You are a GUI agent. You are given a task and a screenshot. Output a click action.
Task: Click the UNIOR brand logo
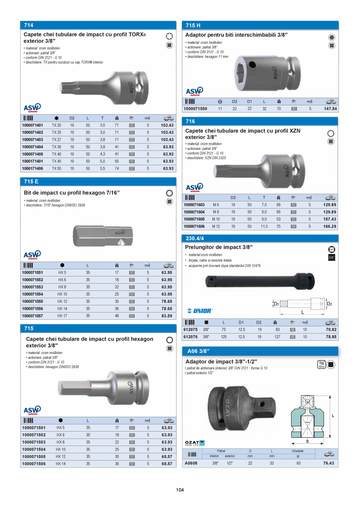point(200,311)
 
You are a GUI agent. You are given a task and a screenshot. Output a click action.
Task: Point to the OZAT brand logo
point(194,443)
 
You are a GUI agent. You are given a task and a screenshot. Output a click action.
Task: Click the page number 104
point(180,489)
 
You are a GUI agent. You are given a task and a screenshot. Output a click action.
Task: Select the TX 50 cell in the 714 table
point(56,168)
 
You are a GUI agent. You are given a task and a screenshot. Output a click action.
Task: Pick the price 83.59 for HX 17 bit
point(167,316)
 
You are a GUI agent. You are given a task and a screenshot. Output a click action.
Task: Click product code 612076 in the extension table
point(190,336)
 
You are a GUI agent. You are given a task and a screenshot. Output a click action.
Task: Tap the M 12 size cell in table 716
point(216,226)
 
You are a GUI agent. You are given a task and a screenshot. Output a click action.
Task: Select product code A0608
point(191,463)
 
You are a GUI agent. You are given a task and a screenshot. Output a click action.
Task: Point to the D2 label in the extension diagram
point(329,304)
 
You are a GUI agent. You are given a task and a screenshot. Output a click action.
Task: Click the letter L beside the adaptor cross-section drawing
point(333,416)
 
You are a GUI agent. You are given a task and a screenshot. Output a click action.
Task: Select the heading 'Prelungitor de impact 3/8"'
point(219,247)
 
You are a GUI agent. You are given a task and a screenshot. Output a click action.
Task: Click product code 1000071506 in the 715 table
point(34,464)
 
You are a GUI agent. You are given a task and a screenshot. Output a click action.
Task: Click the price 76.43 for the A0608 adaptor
point(329,463)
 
